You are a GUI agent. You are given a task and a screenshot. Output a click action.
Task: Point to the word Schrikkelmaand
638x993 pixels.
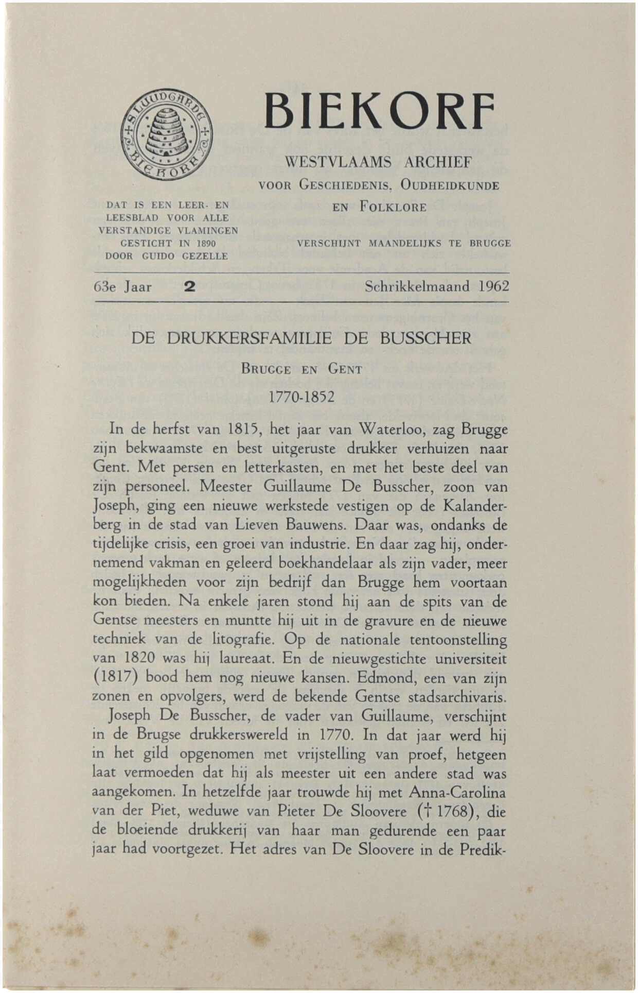pos(417,286)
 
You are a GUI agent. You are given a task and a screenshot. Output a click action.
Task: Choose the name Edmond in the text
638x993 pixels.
pos(382,678)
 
